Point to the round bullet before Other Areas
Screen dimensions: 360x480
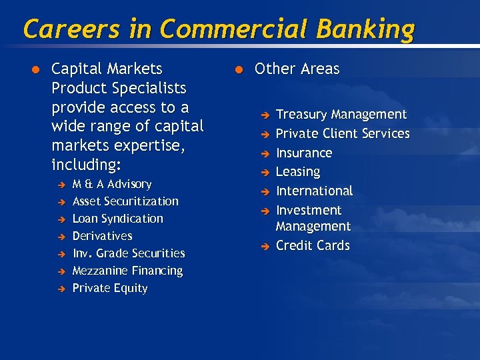pyautogui.click(x=238, y=69)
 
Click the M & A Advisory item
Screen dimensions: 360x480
pyautogui.click(x=111, y=184)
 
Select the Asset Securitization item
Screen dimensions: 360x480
pyautogui.click(x=125, y=201)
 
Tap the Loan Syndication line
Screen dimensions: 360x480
pyautogui.click(x=117, y=219)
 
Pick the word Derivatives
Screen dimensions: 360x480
pyautogui.click(x=102, y=236)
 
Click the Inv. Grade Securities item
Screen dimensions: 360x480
pyautogui.click(x=129, y=253)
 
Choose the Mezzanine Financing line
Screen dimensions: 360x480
pyautogui.click(x=127, y=271)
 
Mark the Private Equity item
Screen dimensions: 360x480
pyautogui.click(x=109, y=288)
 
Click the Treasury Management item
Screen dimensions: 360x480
pyautogui.click(x=341, y=115)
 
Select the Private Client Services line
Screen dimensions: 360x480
pyautogui.click(x=343, y=133)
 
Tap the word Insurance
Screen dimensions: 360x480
pyautogui.click(x=304, y=153)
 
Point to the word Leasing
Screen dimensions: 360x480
pyautogui.click(x=298, y=172)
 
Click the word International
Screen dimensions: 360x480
pyautogui.click(x=314, y=191)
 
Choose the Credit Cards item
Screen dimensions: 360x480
pyautogui.click(x=313, y=245)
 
